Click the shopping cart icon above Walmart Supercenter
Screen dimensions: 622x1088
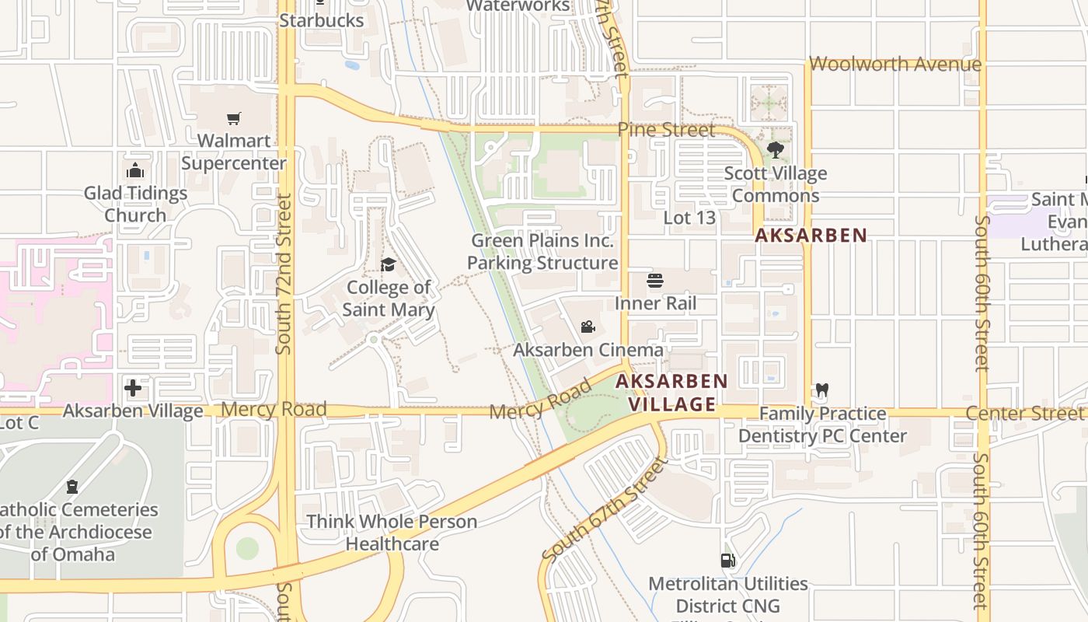coord(233,119)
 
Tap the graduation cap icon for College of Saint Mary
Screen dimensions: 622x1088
coord(388,265)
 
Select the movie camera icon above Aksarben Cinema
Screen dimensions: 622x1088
coord(588,327)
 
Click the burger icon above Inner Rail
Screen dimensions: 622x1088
coord(655,281)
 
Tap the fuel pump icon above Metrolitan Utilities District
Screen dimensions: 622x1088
coord(728,561)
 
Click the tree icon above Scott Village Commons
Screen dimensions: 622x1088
coord(775,150)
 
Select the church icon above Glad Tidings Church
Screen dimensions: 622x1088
coord(135,170)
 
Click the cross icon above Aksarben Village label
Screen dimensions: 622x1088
coord(133,387)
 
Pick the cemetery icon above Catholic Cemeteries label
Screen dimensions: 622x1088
coord(72,487)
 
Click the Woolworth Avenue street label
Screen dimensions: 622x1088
coord(895,64)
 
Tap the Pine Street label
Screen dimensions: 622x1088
coord(666,130)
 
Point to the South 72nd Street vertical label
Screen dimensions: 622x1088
coord(284,274)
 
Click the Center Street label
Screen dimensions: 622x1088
coord(1023,414)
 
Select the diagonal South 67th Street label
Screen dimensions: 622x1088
coord(605,511)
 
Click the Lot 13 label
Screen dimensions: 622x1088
coord(689,218)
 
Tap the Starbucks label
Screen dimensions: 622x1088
coord(321,20)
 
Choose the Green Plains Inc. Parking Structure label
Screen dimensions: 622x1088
coord(542,252)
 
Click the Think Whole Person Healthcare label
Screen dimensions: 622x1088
coord(392,533)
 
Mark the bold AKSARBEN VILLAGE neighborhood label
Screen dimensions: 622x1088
coord(671,393)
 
